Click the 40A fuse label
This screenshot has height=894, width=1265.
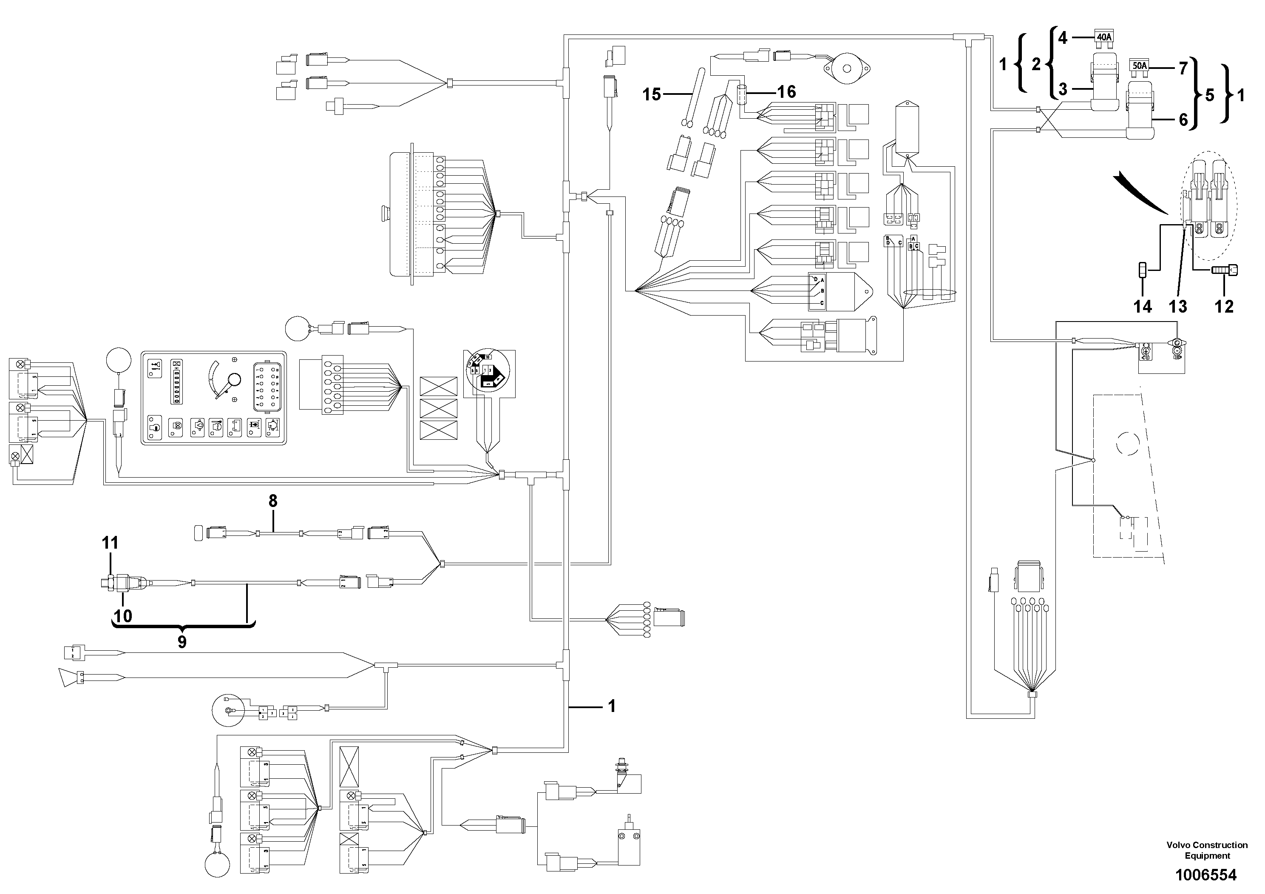coord(1103,37)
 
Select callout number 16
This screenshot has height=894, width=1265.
coord(786,91)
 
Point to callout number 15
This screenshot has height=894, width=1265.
coord(651,94)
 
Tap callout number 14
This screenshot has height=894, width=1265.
coord(1142,307)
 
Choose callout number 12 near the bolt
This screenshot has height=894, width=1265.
coord(1224,307)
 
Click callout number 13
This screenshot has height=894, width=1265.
coord(1178,307)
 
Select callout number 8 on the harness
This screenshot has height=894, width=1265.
coord(273,501)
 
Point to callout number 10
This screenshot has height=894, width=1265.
coord(123,616)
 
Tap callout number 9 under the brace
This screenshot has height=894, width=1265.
coord(182,641)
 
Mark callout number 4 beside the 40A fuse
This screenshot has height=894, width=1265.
coord(1063,37)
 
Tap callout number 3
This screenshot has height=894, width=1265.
coord(1063,89)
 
